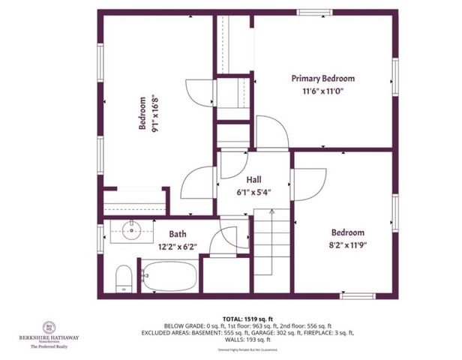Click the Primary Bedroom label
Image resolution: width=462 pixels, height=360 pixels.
[x=323, y=78]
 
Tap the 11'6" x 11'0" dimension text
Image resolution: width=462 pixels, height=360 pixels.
[x=323, y=93]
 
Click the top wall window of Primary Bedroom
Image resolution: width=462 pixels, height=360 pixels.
[x=314, y=13]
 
